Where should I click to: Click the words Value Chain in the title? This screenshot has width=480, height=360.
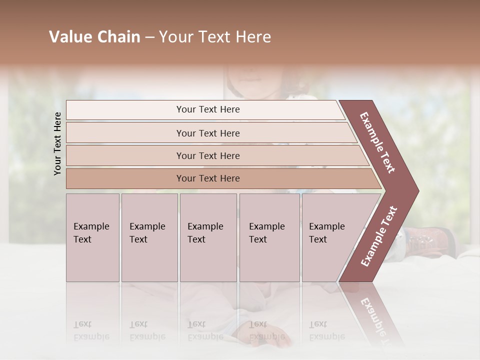tap(94, 37)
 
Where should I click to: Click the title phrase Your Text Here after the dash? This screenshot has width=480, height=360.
tap(215, 37)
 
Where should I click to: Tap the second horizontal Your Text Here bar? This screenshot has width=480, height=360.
tap(207, 133)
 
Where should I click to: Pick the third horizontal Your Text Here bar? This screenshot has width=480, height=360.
tap(207, 155)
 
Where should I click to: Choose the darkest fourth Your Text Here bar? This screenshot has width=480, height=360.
tap(207, 178)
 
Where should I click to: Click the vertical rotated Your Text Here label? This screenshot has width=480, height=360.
tap(57, 143)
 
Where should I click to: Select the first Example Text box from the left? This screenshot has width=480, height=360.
tap(92, 237)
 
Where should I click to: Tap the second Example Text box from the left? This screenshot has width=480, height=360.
tap(149, 237)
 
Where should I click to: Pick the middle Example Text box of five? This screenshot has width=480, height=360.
tap(208, 237)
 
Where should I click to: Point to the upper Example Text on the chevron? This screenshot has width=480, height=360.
tap(378, 142)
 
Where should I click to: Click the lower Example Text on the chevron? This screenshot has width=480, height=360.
tap(379, 236)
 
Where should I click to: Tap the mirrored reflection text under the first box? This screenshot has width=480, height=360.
tap(91, 330)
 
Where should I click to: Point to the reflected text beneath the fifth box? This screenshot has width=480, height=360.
tap(327, 330)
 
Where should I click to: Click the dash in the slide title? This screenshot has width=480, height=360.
tap(149, 37)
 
